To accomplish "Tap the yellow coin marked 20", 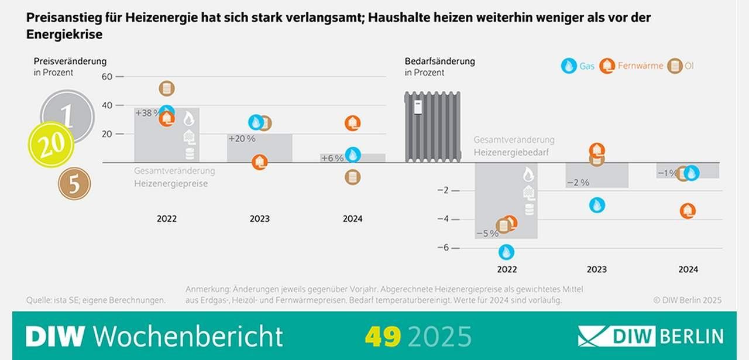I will click(51, 145).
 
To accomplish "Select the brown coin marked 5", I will click(74, 184).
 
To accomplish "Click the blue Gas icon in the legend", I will click(568, 66).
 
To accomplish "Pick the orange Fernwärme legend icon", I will click(607, 66).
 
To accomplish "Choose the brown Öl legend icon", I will click(675, 66).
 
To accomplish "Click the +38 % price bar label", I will click(146, 114).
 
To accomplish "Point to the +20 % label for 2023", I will click(242, 139).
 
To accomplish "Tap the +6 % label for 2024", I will click(332, 158).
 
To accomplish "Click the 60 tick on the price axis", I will click(106, 76).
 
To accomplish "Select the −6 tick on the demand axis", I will click(443, 248).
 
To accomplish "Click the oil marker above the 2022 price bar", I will click(167, 88).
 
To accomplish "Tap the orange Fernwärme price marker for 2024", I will click(352, 123).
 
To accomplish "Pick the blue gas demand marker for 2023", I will click(597, 205).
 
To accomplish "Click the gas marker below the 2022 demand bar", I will click(507, 252).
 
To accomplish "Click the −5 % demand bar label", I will click(487, 233).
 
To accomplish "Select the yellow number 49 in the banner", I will click(383, 337).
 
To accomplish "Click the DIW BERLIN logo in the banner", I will click(651, 337).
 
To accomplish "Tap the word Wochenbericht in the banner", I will click(188, 337).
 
